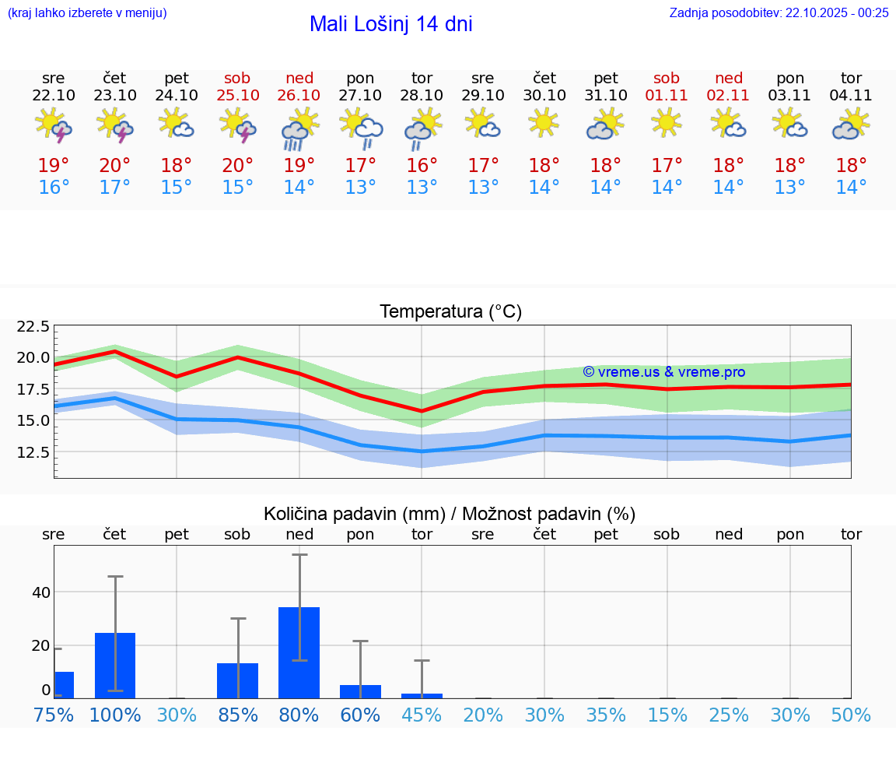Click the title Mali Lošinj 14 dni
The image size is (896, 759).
click(390, 24)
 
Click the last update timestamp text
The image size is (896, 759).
click(779, 12)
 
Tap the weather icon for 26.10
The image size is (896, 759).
click(299, 130)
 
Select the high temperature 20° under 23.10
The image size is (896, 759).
click(115, 166)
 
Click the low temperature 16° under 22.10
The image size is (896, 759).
click(54, 188)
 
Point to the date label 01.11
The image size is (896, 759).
click(667, 95)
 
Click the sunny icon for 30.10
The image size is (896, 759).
click(544, 122)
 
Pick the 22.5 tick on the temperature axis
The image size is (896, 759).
click(33, 326)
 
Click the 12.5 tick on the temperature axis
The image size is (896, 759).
click(33, 452)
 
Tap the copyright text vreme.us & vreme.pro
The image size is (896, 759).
click(664, 372)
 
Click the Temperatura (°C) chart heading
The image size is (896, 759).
click(450, 312)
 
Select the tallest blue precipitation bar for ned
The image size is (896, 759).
click(299, 652)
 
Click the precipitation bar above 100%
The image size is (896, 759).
click(115, 666)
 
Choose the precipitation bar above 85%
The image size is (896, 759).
click(238, 680)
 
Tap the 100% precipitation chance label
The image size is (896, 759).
click(115, 715)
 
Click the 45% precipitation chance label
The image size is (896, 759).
click(422, 715)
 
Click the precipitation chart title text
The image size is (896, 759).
click(450, 514)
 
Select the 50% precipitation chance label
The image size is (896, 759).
click(851, 715)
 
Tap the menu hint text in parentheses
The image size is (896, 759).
click(87, 12)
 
